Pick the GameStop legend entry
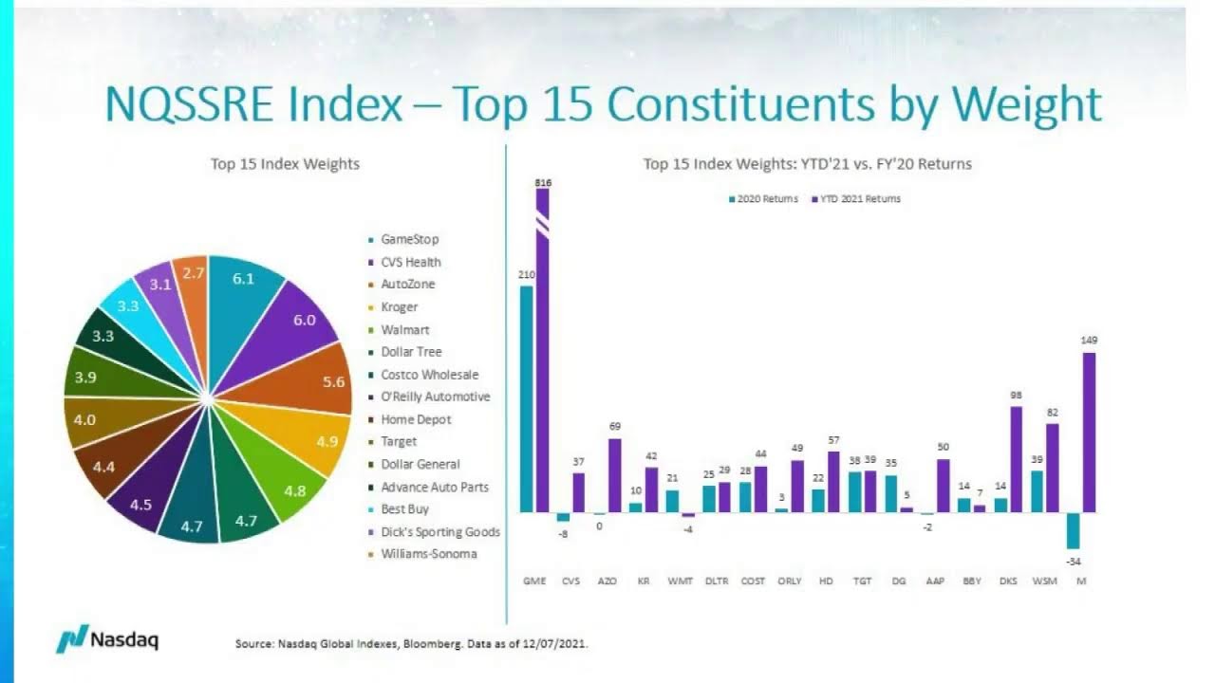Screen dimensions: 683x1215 409,240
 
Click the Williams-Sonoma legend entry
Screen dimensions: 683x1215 428,554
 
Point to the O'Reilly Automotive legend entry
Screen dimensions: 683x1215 435,397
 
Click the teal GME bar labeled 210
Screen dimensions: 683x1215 526,398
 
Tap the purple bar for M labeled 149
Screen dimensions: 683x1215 1089,433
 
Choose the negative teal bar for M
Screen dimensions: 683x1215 1073,530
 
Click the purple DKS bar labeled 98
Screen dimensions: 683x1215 1016,459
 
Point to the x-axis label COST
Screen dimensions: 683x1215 753,581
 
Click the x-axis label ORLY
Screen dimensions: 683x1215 789,581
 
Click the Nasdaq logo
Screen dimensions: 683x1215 106,639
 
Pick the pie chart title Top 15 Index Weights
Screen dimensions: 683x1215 285,164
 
